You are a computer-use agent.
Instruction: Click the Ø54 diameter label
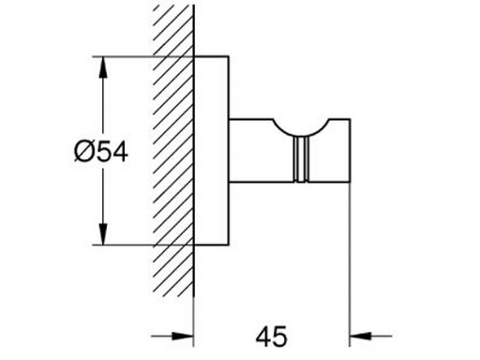tap(101, 152)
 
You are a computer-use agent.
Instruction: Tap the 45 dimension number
tap(271, 337)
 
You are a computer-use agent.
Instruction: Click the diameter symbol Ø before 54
tap(83, 152)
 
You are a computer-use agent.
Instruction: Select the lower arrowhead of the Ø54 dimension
tap(102, 233)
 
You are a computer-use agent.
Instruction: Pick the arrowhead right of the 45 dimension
tap(360, 337)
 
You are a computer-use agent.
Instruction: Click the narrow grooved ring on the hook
tap(302, 159)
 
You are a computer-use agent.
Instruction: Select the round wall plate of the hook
tap(212, 151)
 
